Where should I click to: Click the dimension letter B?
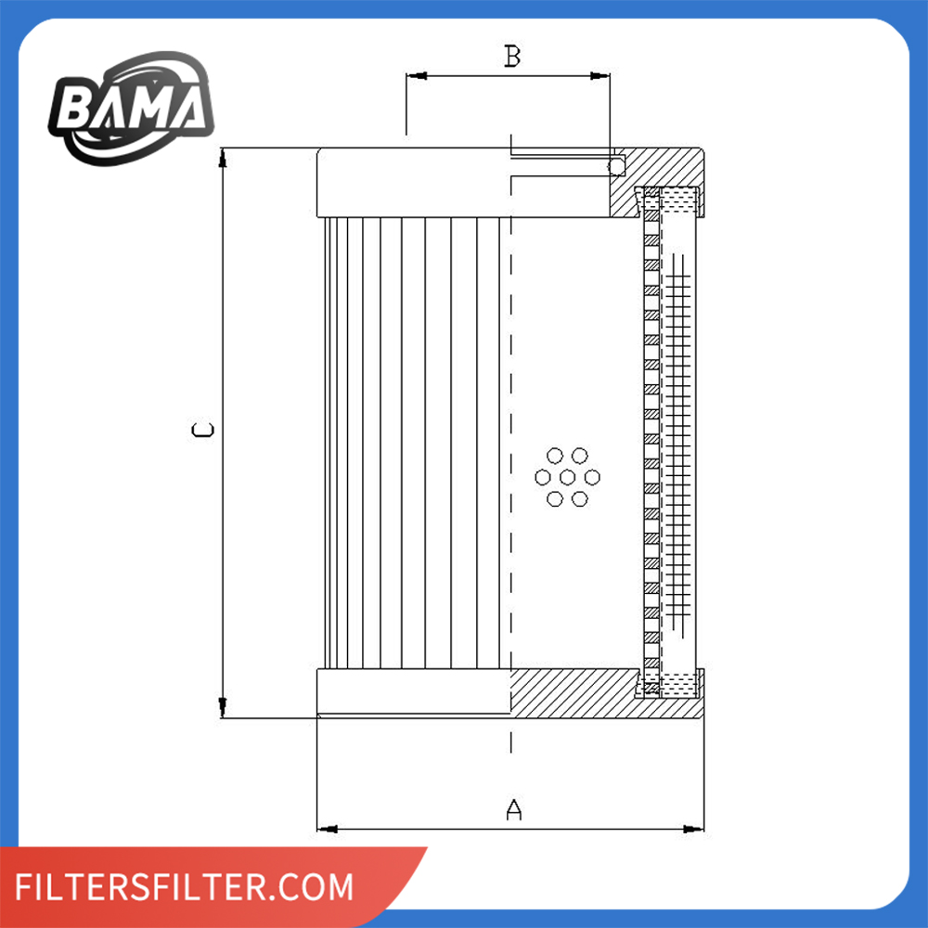click(x=512, y=56)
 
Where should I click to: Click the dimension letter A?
click(x=514, y=809)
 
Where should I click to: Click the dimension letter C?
click(x=202, y=431)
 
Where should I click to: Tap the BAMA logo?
click(x=132, y=108)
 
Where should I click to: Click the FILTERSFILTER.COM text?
click(x=184, y=886)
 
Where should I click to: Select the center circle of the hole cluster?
click(x=567, y=477)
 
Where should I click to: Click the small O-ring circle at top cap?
click(x=616, y=166)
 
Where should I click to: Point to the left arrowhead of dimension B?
click(x=417, y=76)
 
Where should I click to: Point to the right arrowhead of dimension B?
click(x=599, y=76)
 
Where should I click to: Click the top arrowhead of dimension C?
click(x=223, y=159)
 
